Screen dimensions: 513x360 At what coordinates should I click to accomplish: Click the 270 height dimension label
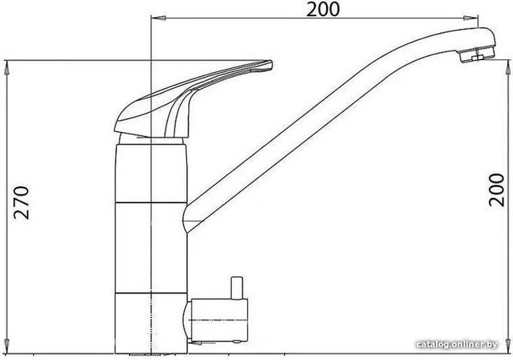click(21, 203)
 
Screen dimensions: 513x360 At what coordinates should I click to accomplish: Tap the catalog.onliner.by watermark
click(457, 345)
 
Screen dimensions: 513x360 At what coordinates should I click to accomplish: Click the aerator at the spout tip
click(476, 55)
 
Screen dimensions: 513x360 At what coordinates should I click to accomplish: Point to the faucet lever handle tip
click(269, 64)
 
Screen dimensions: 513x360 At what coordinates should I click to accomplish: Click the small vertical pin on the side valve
click(237, 288)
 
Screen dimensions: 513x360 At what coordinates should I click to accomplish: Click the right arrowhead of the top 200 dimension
click(470, 18)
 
